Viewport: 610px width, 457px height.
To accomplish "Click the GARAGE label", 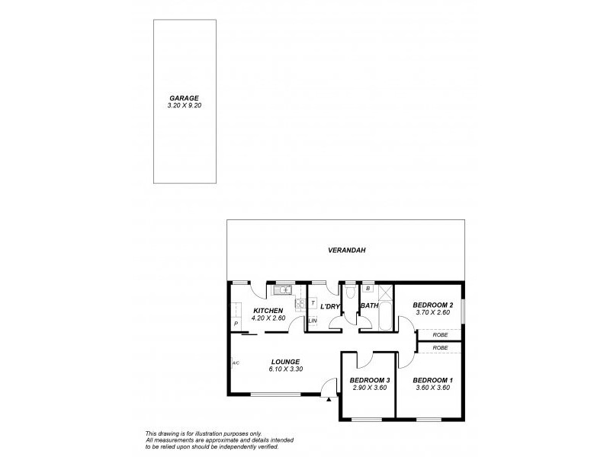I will [x=184, y=98].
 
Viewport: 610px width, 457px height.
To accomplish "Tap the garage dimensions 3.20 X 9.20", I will [x=184, y=106].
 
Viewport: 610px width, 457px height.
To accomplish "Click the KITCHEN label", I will [x=268, y=311].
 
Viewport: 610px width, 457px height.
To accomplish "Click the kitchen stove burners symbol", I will [x=300, y=303].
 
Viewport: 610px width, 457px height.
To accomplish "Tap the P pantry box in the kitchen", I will [x=236, y=324].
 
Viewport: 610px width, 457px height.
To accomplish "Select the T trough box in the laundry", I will [x=313, y=302].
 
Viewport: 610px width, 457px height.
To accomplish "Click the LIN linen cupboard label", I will [x=313, y=321].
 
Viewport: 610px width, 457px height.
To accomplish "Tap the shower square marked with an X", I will [x=386, y=290].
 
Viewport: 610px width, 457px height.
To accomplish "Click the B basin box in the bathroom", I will [x=368, y=289].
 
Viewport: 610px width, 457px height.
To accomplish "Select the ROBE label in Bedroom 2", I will [x=440, y=334].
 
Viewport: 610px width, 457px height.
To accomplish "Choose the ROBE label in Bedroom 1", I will [x=440, y=347].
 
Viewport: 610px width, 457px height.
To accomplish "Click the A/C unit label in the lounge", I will [x=236, y=363].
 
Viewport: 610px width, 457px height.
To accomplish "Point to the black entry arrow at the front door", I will [x=328, y=397].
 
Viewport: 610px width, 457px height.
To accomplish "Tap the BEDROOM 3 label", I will [x=370, y=380].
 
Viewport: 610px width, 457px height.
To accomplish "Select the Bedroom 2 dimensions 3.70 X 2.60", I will [x=433, y=313].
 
